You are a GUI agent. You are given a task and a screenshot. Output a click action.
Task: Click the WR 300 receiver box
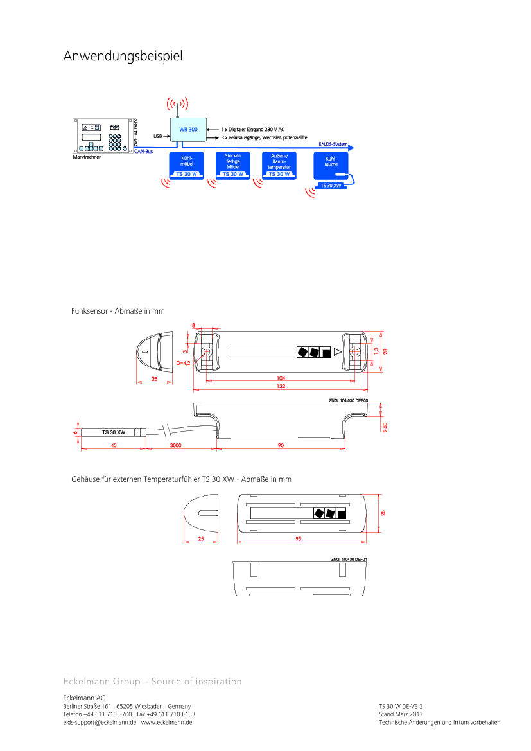(188, 130)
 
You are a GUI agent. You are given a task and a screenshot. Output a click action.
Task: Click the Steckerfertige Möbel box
(233, 165)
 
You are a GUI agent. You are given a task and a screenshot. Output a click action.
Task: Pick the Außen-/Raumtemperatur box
(279, 165)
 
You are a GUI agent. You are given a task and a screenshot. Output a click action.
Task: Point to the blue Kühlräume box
(331, 165)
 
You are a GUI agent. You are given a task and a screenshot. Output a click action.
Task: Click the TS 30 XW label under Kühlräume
(331, 185)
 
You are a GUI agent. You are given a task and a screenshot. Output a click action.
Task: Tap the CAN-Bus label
(143, 152)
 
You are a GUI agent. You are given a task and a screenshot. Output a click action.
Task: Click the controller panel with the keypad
(103, 136)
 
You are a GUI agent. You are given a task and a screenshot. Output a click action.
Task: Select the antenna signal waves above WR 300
(178, 103)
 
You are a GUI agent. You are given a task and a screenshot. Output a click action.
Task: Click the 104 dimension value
(281, 378)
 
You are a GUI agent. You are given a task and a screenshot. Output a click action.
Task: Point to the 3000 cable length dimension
(175, 445)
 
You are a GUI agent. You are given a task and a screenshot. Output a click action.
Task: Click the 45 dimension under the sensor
(114, 445)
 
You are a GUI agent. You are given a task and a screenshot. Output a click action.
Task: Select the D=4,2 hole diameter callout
(183, 363)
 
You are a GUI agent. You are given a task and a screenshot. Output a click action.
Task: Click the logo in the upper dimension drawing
(313, 351)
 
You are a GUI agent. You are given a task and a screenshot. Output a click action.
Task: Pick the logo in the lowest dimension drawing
(329, 513)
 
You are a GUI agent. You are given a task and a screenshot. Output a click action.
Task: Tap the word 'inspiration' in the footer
(218, 681)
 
